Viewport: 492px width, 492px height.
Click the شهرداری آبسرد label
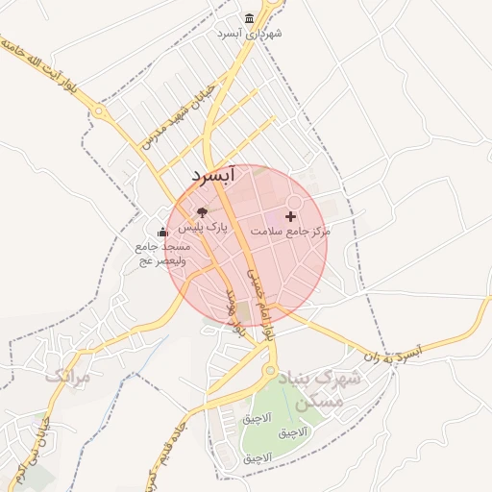coord(250,34)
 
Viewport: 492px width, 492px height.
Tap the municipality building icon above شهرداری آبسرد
coord(250,19)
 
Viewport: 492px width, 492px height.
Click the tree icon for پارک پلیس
coord(202,212)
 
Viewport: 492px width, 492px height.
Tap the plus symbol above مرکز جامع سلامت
coord(291,216)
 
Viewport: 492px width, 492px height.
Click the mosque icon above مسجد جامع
coord(161,231)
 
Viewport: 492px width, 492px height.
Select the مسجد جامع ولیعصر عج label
coord(162,254)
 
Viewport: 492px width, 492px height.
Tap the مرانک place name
coord(67,376)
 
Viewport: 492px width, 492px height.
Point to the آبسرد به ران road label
coord(393,354)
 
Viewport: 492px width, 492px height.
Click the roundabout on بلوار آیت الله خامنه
coord(100,111)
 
